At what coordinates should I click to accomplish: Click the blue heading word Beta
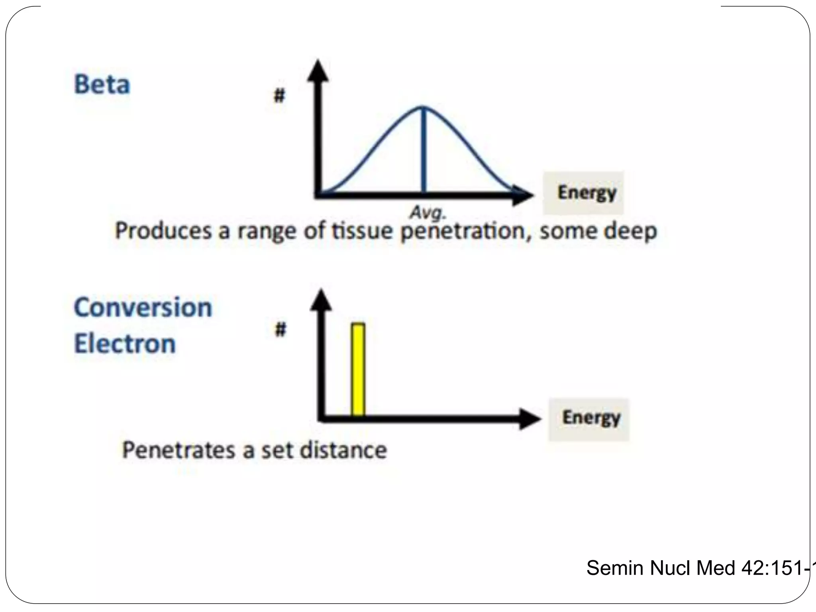(x=102, y=84)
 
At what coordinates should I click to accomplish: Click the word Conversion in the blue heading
(x=143, y=308)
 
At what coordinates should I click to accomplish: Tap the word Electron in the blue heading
(x=125, y=343)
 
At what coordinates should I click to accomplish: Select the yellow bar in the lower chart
(x=358, y=370)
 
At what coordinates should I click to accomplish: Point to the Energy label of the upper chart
(x=586, y=193)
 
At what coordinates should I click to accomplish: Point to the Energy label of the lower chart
(x=591, y=418)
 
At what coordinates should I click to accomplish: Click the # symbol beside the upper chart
(x=280, y=96)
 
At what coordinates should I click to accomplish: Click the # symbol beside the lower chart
(x=281, y=330)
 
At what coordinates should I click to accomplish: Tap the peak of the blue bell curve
(x=423, y=107)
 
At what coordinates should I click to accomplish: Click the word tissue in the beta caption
(x=362, y=231)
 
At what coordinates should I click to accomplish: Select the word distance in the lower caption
(x=343, y=450)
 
